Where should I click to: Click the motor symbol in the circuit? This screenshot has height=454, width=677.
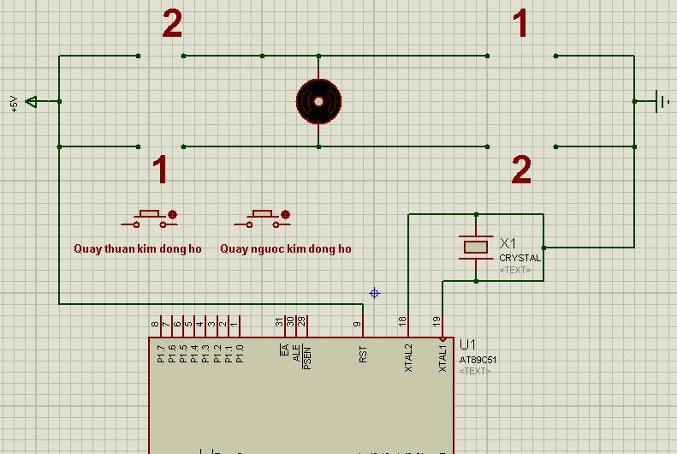click(318, 101)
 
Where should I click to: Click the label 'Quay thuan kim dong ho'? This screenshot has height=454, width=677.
click(138, 249)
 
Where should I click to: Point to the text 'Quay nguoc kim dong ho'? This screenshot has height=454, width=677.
click(286, 249)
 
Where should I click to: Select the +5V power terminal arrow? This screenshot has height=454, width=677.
click(32, 101)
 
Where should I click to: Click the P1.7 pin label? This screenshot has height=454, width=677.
click(160, 355)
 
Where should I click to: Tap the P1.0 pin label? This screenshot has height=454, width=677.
click(240, 355)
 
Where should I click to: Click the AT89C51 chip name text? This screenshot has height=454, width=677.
click(478, 360)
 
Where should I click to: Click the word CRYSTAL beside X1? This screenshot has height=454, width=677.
click(520, 258)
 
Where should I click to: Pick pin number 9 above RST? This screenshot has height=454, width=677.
click(357, 324)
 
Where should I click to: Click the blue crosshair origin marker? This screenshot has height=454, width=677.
click(374, 293)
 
